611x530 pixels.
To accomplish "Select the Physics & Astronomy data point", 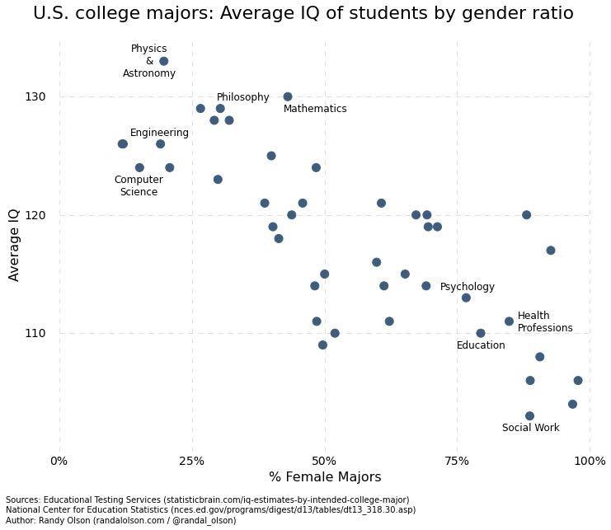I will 163,61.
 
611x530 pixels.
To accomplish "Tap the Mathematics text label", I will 315,109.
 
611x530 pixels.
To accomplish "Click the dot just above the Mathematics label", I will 287,96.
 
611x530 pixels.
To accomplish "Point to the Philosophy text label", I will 242,97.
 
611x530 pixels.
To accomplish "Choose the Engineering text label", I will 159,133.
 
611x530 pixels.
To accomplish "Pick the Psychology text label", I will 467,287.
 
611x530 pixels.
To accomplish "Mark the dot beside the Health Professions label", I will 509,321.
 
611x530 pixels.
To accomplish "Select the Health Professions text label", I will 544,321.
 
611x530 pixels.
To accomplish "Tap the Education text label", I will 480,345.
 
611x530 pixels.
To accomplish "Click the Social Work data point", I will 529,415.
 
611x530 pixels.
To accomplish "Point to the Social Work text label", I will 530,428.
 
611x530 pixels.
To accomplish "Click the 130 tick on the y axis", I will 35,96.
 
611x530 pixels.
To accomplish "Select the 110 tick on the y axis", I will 35,333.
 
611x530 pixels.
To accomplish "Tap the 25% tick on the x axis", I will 191,460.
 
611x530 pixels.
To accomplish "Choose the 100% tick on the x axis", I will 589,460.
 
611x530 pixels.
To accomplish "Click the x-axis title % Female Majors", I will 324,477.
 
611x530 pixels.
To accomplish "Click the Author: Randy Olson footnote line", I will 120,520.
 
